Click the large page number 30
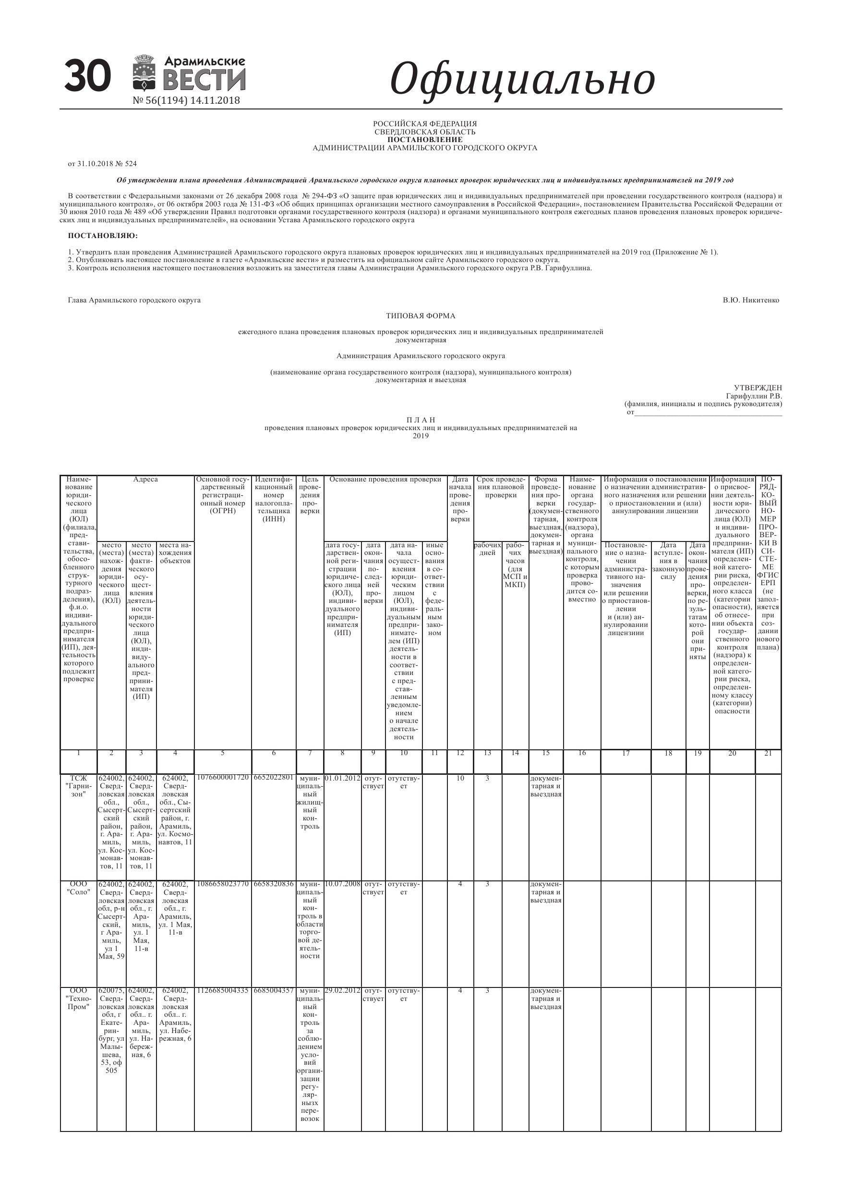(x=87, y=76)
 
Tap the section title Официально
(x=522, y=79)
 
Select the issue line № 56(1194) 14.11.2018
(x=186, y=101)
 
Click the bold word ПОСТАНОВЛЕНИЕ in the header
(x=424, y=140)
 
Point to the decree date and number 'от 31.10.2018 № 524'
(x=102, y=164)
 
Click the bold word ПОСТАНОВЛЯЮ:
(x=103, y=236)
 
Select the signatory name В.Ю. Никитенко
(x=750, y=301)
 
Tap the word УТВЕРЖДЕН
(x=758, y=388)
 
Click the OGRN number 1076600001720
(x=223, y=778)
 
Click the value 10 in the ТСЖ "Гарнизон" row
(x=460, y=778)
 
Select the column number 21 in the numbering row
(x=768, y=754)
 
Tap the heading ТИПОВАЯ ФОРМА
(x=420, y=316)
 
